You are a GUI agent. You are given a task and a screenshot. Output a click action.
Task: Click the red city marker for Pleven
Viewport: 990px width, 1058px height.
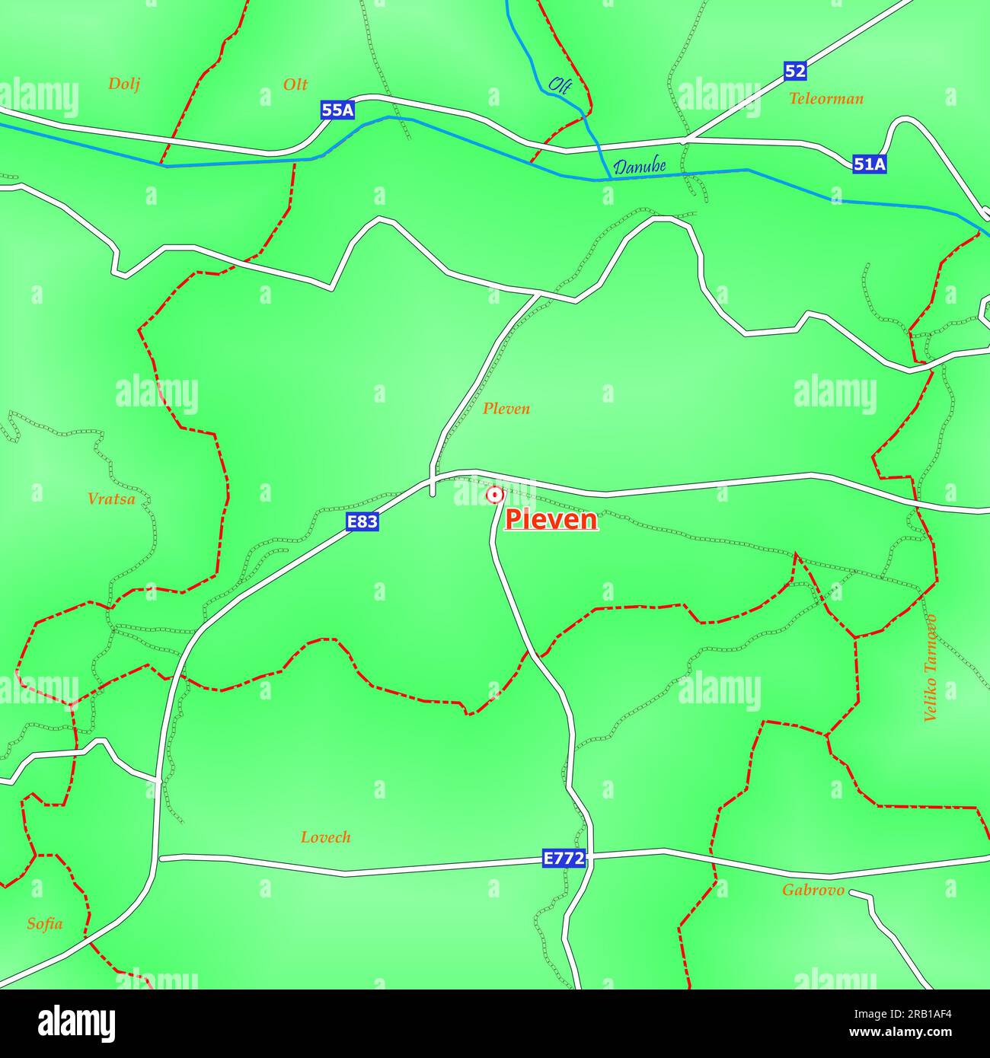click(495, 496)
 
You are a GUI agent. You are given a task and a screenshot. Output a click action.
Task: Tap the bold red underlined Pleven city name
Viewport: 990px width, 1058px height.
click(551, 520)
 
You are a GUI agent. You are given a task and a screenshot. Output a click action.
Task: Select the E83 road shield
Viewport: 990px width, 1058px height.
click(362, 521)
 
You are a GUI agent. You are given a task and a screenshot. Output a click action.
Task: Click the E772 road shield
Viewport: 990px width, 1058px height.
click(564, 859)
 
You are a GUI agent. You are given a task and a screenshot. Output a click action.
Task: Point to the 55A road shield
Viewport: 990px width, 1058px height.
click(337, 110)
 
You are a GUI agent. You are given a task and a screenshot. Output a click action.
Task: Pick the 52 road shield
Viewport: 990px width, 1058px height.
click(794, 72)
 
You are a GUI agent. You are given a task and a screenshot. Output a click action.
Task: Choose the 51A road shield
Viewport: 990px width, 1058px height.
click(869, 164)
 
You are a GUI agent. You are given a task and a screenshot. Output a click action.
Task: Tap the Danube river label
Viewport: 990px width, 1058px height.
click(640, 167)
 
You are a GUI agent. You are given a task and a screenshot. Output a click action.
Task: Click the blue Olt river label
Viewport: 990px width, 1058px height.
click(560, 85)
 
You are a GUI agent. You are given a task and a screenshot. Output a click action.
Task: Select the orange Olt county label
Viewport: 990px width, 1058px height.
click(295, 84)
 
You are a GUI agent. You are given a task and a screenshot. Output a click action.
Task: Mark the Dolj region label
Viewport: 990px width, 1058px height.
click(123, 84)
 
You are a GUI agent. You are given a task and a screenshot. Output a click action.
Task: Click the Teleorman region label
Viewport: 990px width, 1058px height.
click(826, 98)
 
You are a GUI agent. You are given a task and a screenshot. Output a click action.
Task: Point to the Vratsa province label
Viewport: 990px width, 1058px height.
click(111, 499)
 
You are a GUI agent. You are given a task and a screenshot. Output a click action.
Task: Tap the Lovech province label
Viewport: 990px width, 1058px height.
click(325, 837)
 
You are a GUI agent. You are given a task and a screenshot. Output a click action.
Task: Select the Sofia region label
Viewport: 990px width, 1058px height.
click(44, 924)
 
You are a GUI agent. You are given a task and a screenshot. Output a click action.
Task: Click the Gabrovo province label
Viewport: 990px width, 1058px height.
click(813, 890)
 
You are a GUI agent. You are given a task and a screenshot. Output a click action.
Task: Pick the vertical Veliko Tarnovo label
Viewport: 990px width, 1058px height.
click(930, 668)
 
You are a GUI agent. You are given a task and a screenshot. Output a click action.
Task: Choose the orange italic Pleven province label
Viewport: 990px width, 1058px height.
click(506, 409)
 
